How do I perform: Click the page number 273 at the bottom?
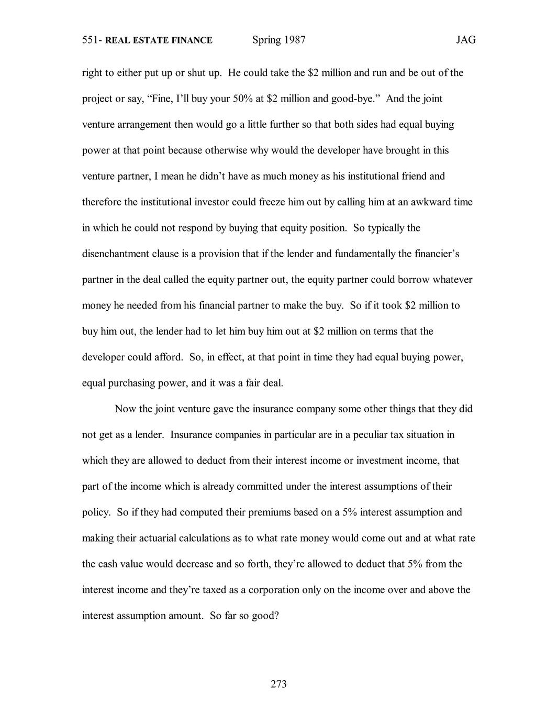278,684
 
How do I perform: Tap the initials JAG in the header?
465,40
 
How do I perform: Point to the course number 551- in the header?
92,40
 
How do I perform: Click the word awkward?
431,202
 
